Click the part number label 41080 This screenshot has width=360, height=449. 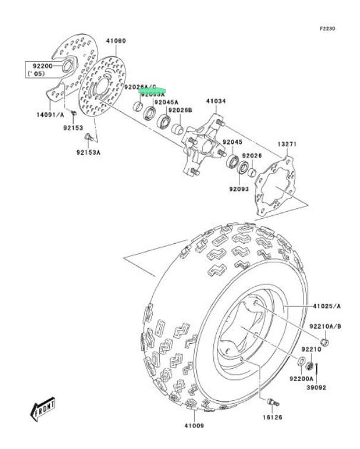(x=116, y=40)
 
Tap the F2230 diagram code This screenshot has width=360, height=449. (x=327, y=29)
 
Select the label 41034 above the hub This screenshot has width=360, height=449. (x=216, y=101)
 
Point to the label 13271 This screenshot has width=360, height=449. (x=287, y=145)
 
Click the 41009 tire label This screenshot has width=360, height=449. (x=194, y=426)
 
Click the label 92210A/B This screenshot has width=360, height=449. (x=325, y=326)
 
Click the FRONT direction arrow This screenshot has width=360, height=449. (x=42, y=409)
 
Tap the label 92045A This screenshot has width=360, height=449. (x=166, y=102)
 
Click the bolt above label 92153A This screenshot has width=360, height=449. (x=87, y=139)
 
